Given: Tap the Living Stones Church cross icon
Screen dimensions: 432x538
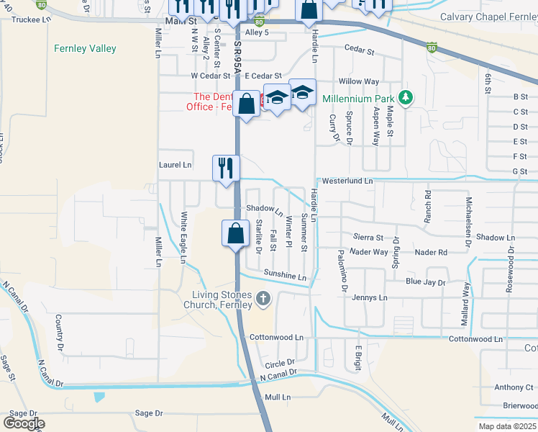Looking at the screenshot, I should pos(263,299).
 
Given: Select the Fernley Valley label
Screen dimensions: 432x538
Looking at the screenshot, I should pos(85,49).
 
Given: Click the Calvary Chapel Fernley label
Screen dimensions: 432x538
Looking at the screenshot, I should pos(488,17).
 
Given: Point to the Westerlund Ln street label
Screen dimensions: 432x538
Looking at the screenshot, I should pos(348,181).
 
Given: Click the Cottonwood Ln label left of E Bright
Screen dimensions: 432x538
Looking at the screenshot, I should pos(276,337).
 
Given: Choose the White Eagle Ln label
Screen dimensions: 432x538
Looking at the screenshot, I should pos(184,237).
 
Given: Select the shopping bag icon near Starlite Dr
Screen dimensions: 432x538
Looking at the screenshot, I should pos(235,233).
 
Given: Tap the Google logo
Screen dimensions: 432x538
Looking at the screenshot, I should pos(24,423).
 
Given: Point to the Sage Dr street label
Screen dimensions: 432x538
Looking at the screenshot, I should pos(150,413).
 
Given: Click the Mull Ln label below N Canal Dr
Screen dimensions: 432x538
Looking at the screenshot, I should pos(278,397).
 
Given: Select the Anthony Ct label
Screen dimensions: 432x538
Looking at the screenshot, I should pos(514,387).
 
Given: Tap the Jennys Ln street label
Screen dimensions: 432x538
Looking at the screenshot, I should pos(369,297).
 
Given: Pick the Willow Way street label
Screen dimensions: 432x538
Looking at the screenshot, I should pos(359,82).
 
